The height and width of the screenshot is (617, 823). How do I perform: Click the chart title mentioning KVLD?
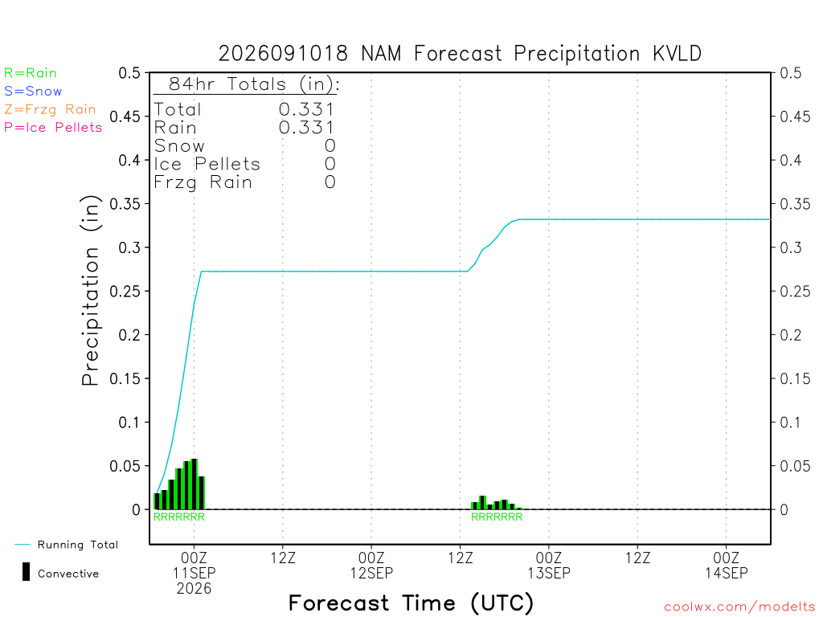pyautogui.click(x=460, y=54)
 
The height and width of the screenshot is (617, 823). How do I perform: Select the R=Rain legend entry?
pyautogui.click(x=31, y=73)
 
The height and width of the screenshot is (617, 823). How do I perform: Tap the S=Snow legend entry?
pyautogui.click(x=33, y=92)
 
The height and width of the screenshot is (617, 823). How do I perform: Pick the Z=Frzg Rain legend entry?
pyautogui.click(x=50, y=109)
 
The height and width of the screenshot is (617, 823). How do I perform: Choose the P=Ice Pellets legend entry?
pyautogui.click(x=53, y=128)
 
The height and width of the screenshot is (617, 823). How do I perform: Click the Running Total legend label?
pyautogui.click(x=78, y=545)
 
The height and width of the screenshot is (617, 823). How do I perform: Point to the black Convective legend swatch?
pyautogui.click(x=26, y=572)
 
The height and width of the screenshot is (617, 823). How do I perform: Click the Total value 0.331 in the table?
pyautogui.click(x=306, y=109)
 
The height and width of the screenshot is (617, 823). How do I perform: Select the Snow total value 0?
pyautogui.click(x=330, y=146)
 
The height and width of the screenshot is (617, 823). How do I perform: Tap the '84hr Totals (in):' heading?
pyautogui.click(x=254, y=84)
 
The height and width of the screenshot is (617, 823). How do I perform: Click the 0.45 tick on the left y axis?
pyautogui.click(x=125, y=116)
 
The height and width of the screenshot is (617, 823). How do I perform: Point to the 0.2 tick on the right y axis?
pyautogui.click(x=791, y=335)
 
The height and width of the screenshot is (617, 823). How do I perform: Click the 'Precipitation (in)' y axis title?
pyautogui.click(x=90, y=291)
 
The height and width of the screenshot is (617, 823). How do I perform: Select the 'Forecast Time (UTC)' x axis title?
pyautogui.click(x=411, y=603)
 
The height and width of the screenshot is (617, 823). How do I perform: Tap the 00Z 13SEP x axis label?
pyautogui.click(x=548, y=565)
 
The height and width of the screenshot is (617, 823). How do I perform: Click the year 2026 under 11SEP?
pyautogui.click(x=194, y=589)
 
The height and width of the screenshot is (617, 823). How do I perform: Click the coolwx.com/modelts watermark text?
pyautogui.click(x=739, y=607)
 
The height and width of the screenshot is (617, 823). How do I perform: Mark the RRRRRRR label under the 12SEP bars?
pyautogui.click(x=497, y=517)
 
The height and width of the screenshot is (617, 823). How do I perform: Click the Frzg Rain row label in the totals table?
pyautogui.click(x=203, y=182)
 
